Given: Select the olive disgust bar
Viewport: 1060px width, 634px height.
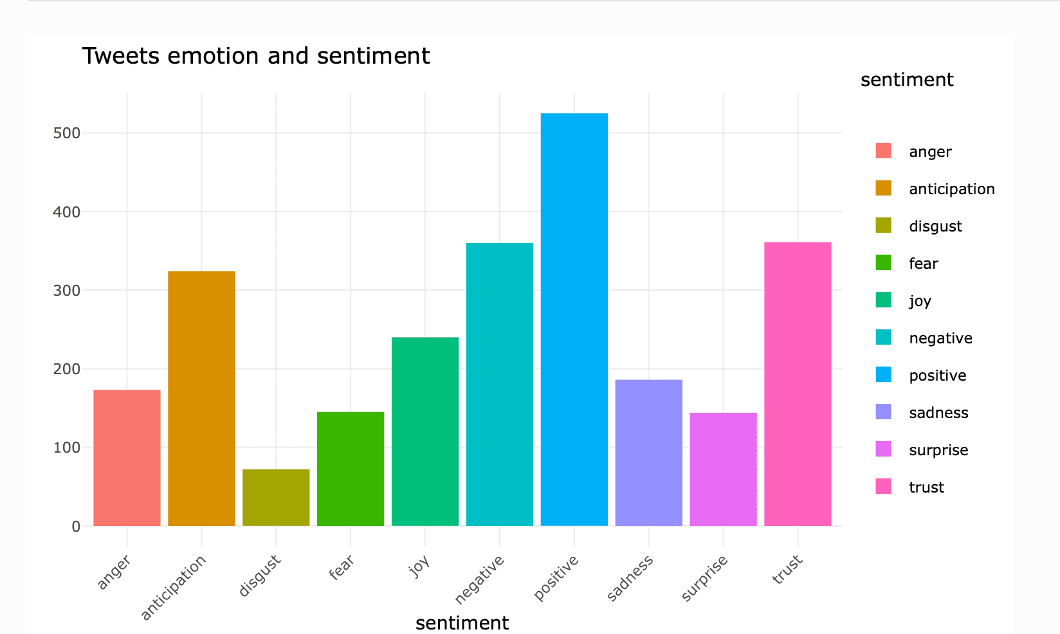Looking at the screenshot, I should coord(276,498).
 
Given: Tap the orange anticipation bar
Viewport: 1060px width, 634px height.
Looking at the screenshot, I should coord(201,399).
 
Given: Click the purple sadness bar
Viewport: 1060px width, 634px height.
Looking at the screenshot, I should coord(648,453).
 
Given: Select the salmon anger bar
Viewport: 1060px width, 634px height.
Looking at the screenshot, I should coord(127,458).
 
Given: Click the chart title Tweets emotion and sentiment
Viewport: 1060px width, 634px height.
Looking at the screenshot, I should coord(255,56).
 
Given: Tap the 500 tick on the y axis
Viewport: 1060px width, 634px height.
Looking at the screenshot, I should coord(67,133).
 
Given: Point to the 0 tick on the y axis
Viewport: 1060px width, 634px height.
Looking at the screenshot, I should coord(76,527).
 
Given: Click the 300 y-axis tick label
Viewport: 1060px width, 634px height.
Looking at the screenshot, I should coord(67,291).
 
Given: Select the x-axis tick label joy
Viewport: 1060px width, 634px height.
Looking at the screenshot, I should coord(419,566).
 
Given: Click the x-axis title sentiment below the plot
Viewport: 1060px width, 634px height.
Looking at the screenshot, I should coord(462,622).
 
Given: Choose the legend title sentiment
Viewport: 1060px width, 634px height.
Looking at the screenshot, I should coord(906,80).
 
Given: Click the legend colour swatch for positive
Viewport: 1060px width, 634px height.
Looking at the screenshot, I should coord(883,375).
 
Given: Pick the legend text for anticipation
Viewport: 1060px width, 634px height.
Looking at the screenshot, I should coord(951,189).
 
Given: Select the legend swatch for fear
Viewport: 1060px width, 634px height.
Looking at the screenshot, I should coord(883,263).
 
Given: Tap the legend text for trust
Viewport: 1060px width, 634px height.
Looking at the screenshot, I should coord(926,487).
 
